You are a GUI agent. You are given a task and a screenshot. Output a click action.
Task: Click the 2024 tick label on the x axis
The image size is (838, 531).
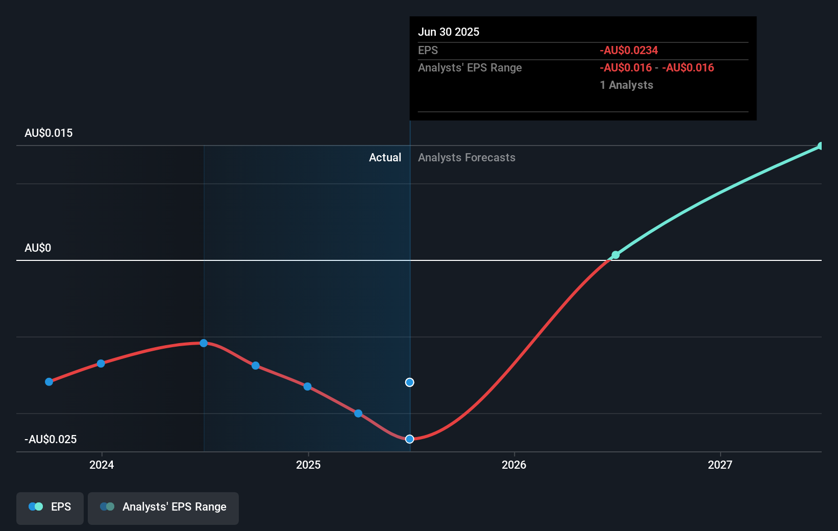click(x=102, y=465)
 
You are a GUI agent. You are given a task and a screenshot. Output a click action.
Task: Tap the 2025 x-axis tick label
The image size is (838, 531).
click(x=308, y=465)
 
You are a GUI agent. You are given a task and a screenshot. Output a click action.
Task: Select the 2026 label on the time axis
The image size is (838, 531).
click(x=514, y=465)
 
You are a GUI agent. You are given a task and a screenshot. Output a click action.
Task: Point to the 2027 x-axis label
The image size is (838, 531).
click(x=720, y=465)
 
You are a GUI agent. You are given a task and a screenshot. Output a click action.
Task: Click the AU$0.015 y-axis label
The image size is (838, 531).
click(x=48, y=133)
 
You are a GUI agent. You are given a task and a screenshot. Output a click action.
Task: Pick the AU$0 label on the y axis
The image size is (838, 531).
click(x=38, y=248)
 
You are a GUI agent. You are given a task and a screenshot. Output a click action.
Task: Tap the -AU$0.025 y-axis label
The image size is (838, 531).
click(x=51, y=440)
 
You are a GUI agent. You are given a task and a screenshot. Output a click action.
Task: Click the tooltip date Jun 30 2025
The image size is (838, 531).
click(x=449, y=32)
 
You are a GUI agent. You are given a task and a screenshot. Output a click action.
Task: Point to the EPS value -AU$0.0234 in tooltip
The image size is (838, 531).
click(x=629, y=51)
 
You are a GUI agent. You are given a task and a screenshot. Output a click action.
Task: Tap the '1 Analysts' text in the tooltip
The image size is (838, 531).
click(x=626, y=85)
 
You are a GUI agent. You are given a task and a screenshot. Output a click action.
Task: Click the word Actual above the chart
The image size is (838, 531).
click(x=385, y=158)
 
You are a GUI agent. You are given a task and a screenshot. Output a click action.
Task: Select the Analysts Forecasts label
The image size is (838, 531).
click(x=466, y=158)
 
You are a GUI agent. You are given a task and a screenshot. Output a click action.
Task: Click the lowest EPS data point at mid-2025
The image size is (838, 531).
click(x=409, y=439)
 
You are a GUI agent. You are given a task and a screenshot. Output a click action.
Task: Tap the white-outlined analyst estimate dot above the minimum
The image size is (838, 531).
click(x=409, y=382)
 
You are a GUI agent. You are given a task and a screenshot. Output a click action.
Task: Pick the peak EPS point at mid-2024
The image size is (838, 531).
click(x=204, y=343)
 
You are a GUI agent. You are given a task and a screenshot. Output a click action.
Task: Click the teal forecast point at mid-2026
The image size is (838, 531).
click(x=615, y=255)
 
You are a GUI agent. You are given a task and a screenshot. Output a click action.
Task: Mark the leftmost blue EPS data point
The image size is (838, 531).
click(x=49, y=382)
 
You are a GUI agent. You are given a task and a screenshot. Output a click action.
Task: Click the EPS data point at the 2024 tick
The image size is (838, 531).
click(x=101, y=364)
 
